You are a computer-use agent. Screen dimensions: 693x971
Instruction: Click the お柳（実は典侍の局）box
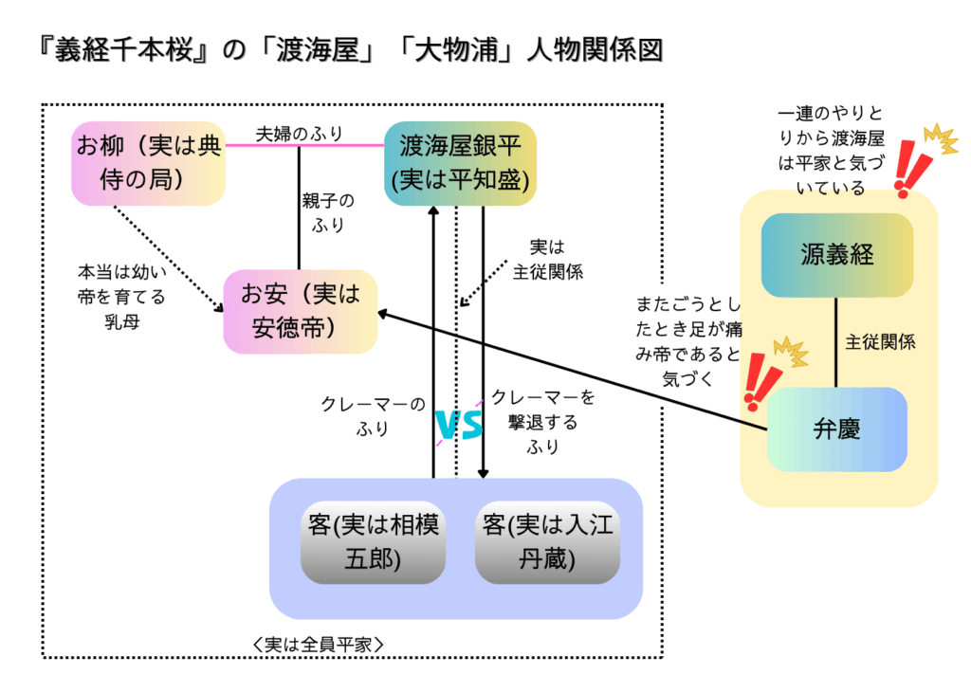[149, 164]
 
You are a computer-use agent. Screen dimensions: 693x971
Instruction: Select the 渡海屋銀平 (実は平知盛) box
[461, 163]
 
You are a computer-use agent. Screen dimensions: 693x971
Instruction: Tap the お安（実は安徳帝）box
[300, 312]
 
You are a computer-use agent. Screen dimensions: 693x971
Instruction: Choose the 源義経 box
[836, 255]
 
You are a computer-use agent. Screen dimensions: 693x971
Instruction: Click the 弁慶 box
[836, 429]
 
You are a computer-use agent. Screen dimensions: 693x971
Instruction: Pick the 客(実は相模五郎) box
[373, 541]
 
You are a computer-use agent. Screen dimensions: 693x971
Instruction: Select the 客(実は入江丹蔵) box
[547, 541]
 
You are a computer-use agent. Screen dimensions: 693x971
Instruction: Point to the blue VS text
[459, 427]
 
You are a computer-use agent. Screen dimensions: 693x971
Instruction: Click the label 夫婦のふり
[300, 134]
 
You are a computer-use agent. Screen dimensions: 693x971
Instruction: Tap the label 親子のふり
[328, 212]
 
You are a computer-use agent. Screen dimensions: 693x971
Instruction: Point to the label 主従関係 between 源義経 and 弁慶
[880, 342]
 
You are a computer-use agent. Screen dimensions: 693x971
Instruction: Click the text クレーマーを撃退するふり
[542, 422]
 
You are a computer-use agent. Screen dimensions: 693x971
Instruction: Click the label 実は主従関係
[547, 259]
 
